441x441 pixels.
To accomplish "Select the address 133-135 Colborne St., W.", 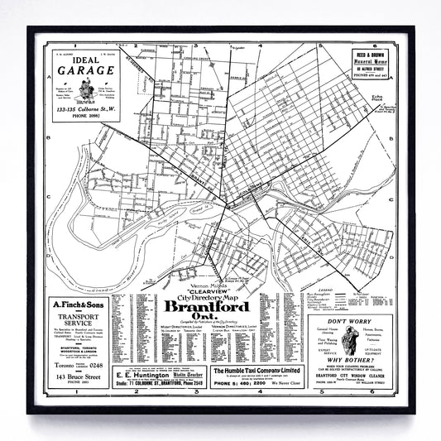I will [x=84, y=108].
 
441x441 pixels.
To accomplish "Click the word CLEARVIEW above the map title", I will [x=217, y=291].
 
